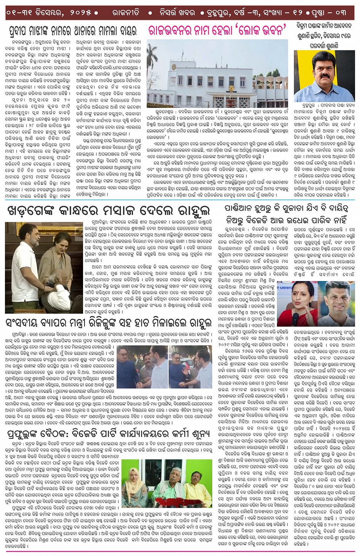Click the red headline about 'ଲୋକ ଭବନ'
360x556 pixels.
(218, 30)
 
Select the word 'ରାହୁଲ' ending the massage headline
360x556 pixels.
(190, 211)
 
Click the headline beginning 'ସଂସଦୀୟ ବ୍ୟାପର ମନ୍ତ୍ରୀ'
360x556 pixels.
(109, 323)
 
